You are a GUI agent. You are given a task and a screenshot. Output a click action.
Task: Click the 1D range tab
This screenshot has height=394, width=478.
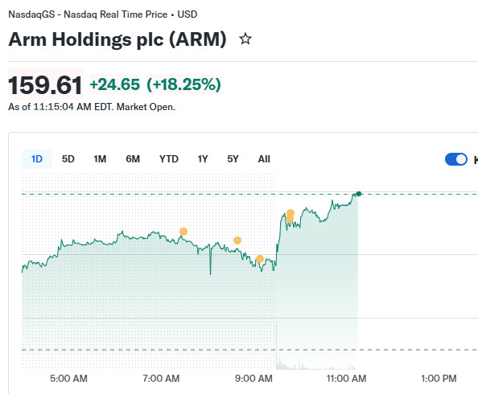(x=37, y=159)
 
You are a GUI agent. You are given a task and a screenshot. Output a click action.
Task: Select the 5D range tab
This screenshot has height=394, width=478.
(x=68, y=159)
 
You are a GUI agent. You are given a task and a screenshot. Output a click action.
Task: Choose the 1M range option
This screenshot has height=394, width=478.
(x=100, y=159)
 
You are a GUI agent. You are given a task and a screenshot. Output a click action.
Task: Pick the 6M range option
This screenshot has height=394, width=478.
(x=133, y=159)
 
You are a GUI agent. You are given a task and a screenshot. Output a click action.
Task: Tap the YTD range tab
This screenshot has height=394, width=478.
(x=169, y=159)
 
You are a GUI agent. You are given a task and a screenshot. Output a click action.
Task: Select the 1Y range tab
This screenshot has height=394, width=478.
(x=203, y=159)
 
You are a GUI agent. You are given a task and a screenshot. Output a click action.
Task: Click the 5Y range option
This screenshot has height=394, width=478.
(x=233, y=159)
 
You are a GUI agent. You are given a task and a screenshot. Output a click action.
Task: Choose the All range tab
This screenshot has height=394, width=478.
(x=264, y=159)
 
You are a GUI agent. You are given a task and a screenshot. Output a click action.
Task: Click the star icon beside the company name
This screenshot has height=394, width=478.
(x=245, y=39)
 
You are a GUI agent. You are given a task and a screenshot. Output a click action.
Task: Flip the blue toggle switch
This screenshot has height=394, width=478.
(x=456, y=159)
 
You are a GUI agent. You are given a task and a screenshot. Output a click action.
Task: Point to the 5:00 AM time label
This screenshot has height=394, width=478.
(x=68, y=379)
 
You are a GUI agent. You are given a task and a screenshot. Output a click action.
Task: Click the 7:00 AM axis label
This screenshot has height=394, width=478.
(x=161, y=379)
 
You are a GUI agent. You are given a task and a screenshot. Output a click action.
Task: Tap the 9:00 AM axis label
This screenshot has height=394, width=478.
(x=253, y=379)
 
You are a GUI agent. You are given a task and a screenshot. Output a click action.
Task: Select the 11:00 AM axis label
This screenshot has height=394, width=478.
(x=346, y=379)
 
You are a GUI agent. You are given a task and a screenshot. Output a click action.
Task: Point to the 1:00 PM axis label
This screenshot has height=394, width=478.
(x=439, y=379)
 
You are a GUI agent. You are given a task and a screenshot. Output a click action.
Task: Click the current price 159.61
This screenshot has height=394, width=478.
(x=45, y=85)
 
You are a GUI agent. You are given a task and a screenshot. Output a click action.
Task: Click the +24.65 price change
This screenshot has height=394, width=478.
(x=115, y=84)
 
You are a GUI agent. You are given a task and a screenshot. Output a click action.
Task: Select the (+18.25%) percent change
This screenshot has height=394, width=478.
(x=183, y=84)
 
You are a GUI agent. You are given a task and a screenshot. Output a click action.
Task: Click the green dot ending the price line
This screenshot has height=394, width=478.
(x=359, y=194)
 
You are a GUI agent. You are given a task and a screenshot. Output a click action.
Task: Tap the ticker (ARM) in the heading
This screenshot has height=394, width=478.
(x=198, y=39)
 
